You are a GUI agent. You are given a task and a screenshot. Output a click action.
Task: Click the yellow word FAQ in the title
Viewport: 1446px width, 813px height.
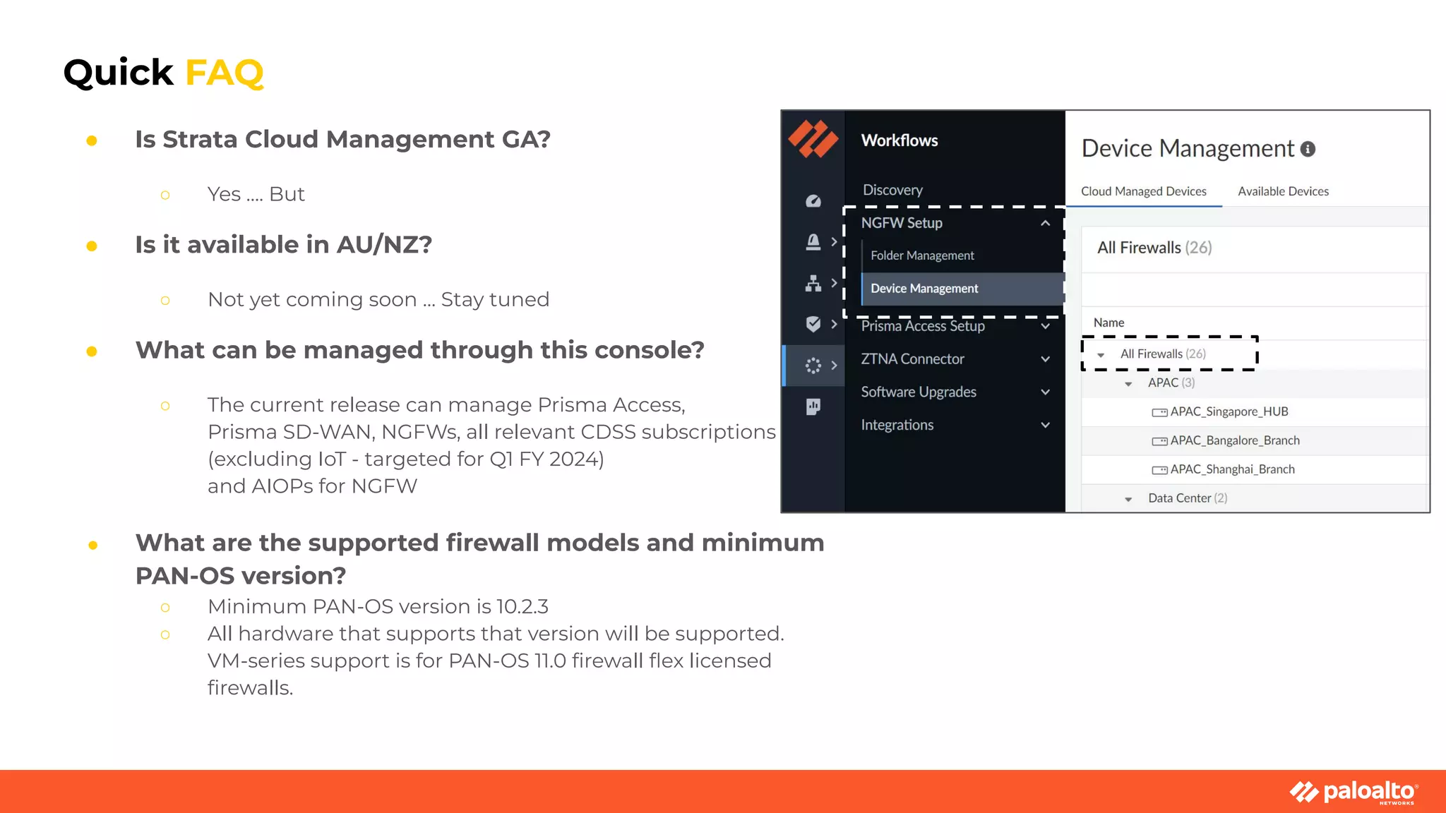224,73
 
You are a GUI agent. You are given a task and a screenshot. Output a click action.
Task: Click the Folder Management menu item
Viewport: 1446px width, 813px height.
922,255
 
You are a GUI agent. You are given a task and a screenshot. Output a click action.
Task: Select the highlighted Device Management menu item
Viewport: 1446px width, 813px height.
924,289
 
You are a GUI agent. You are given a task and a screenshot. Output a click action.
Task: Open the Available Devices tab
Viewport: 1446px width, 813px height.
1283,191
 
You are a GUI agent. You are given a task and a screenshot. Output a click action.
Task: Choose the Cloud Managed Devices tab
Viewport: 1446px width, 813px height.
1143,191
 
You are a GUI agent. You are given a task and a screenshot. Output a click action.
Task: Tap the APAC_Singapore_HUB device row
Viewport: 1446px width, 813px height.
1229,411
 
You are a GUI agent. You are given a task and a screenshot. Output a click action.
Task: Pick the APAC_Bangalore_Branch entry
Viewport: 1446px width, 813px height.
1234,440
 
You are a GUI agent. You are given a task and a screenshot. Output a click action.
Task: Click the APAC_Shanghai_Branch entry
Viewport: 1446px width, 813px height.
1232,469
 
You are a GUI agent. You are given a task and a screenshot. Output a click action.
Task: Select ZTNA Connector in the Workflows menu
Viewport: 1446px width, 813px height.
912,359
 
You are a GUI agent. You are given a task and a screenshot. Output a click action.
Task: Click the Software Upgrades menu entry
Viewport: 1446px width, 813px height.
919,392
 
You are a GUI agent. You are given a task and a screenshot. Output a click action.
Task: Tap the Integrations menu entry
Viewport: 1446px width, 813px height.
897,425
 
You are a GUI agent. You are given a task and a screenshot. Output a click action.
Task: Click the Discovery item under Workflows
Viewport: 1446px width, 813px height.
892,190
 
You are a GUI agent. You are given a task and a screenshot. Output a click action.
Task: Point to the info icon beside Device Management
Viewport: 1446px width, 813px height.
1308,149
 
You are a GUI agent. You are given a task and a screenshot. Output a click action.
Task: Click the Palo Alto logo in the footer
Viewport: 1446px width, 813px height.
1354,792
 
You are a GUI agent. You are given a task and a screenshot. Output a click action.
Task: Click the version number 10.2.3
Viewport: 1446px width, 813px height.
522,607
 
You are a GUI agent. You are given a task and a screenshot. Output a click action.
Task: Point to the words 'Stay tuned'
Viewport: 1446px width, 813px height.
495,299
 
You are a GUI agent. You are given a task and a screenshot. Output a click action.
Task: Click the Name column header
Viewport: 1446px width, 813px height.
1109,323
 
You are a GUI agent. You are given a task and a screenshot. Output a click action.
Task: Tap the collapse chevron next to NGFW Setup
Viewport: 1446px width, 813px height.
1045,223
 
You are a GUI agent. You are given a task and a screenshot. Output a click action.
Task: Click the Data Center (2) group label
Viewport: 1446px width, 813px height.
1187,498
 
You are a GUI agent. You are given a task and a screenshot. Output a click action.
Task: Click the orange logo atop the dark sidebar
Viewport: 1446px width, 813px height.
813,138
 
